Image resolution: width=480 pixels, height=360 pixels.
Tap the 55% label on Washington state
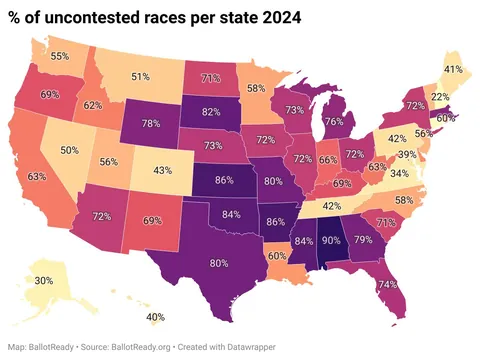pyautogui.click(x=61, y=56)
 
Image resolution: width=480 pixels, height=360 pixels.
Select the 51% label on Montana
pyautogui.click(x=141, y=76)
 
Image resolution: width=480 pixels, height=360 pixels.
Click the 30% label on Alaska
pyautogui.click(x=44, y=281)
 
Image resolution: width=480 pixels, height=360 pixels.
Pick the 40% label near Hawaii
pyautogui.click(x=155, y=317)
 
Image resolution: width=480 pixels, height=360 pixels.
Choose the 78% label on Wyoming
pyautogui.click(x=152, y=123)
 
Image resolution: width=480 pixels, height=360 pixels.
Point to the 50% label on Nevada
pyautogui.click(x=70, y=150)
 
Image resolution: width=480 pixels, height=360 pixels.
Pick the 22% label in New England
pyautogui.click(x=437, y=97)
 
